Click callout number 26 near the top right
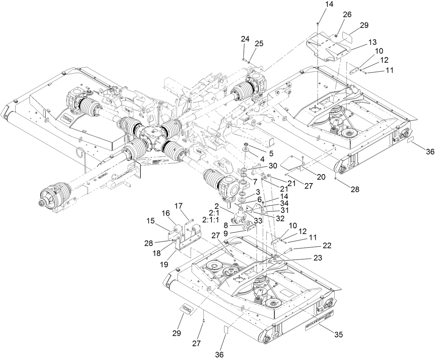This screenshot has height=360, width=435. pyautogui.click(x=347, y=15)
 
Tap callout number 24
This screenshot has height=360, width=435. pyautogui.click(x=245, y=39)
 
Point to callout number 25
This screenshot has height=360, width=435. pyautogui.click(x=259, y=43)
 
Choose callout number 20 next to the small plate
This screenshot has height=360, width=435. pyautogui.click(x=321, y=177)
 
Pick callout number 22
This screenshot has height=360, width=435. pyautogui.click(x=326, y=245)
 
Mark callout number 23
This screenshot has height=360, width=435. pyautogui.click(x=318, y=257)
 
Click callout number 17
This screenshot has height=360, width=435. pyautogui.click(x=188, y=206)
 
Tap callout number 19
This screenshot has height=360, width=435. pyautogui.click(x=164, y=264)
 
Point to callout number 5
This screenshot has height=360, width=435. pyautogui.click(x=280, y=153)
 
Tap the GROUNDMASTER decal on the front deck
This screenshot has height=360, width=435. pyautogui.click(x=316, y=326)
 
